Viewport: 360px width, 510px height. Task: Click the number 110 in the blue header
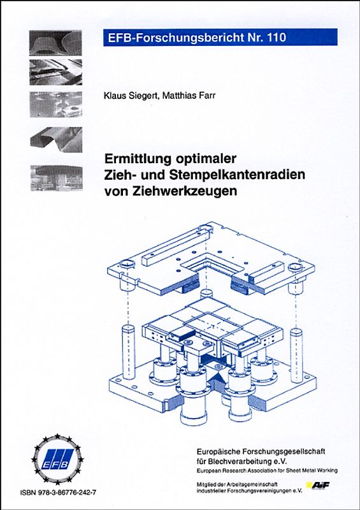pos(272,38)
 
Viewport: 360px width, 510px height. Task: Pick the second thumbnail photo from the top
pos(55,72)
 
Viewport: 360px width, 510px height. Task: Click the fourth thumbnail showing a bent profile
pos(55,138)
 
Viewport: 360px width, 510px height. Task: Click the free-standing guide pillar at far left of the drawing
pos(126,347)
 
